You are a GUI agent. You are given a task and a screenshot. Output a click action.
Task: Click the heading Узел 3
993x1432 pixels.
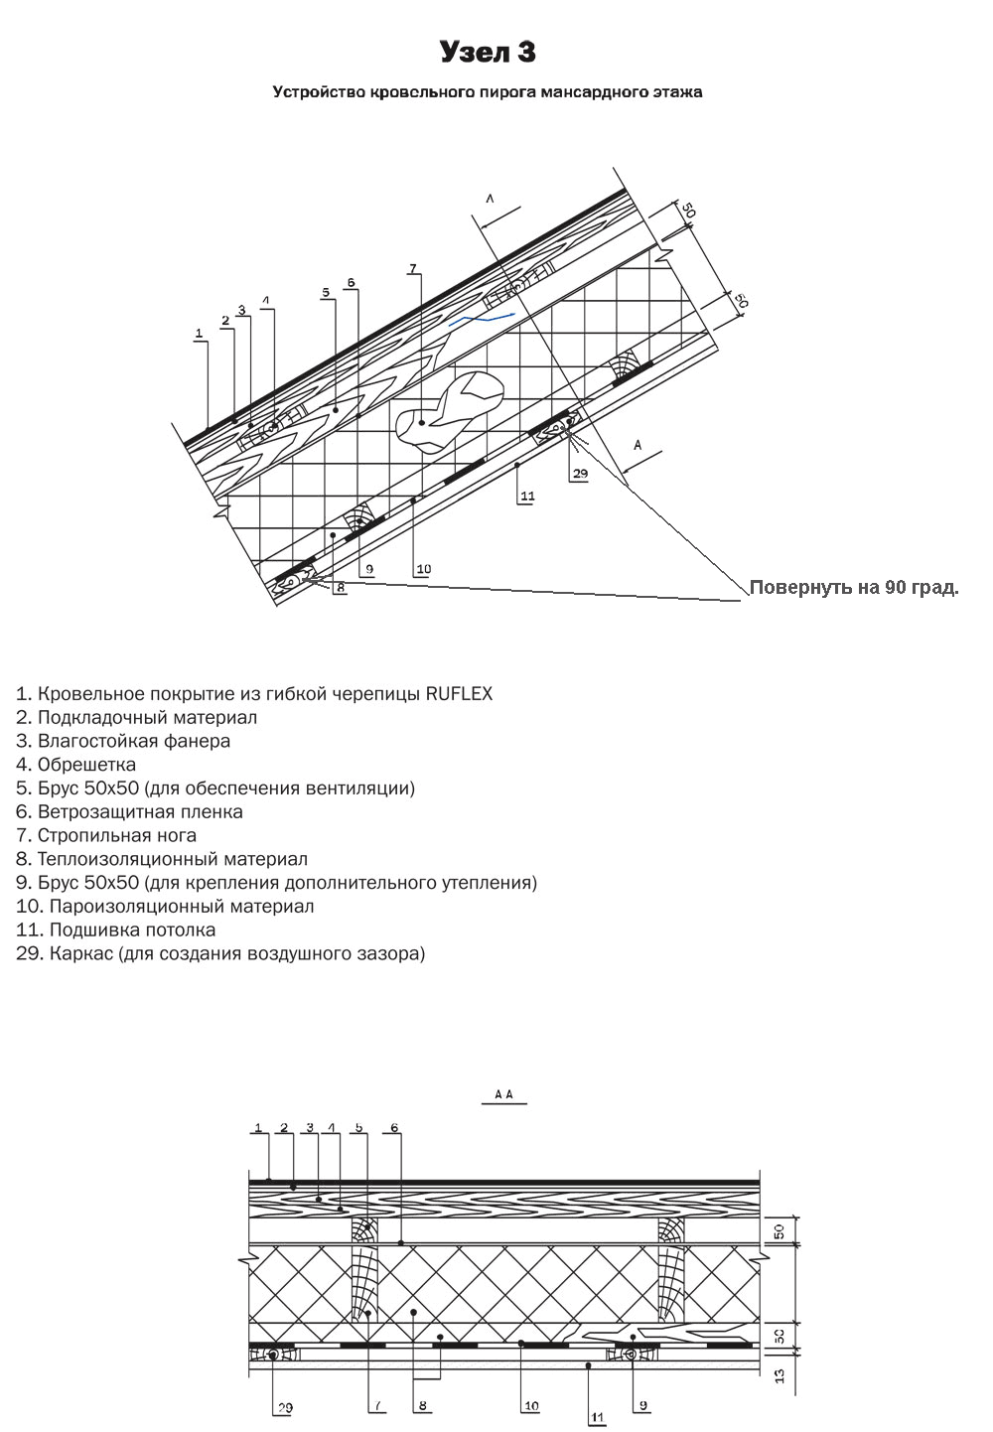coord(488,52)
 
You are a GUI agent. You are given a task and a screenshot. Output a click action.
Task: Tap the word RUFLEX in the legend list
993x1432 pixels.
coord(459,693)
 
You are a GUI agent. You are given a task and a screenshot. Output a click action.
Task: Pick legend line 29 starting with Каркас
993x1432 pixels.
coord(220,953)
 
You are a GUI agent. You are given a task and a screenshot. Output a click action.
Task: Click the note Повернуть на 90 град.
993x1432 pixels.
coord(854,587)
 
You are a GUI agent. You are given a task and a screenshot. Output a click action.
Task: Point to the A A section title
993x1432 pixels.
coord(504,1094)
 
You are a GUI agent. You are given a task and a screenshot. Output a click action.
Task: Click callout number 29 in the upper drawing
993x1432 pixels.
coord(580,474)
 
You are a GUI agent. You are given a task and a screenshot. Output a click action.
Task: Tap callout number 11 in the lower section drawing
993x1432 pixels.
coord(597,1418)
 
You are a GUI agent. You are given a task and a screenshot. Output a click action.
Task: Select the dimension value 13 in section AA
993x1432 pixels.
coord(780,1375)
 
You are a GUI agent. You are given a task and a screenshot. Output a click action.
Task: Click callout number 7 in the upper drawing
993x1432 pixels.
coord(413,268)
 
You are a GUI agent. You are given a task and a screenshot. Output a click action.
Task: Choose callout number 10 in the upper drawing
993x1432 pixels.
coord(424,569)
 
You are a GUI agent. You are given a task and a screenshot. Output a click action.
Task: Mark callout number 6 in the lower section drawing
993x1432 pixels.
coord(394,1127)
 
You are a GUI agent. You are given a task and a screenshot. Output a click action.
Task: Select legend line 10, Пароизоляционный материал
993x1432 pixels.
coord(165,906)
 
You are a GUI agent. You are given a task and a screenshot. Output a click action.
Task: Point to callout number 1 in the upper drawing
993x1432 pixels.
coord(199,334)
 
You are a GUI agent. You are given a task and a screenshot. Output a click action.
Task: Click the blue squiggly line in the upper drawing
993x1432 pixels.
coord(482,320)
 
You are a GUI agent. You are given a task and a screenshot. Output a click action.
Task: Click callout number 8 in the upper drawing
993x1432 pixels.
coord(340,587)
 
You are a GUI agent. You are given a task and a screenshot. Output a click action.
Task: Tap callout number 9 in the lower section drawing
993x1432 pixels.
coord(643,1404)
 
